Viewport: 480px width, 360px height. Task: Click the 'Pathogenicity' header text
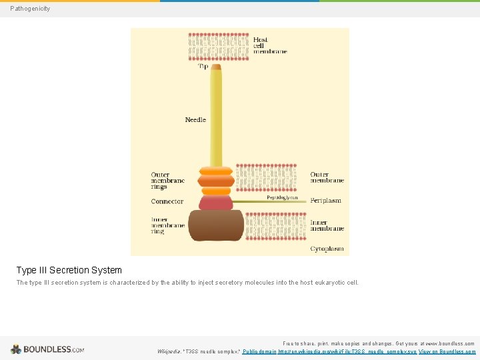[30, 9]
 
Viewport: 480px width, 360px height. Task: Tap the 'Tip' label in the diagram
[203, 67]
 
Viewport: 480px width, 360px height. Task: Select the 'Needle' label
[195, 120]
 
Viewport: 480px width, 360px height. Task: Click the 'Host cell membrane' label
[270, 45]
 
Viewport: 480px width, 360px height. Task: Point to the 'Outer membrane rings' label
[168, 181]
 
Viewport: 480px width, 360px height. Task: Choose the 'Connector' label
[167, 201]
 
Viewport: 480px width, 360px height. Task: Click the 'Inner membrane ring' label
[168, 225]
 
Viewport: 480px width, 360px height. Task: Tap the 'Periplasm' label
[325, 201]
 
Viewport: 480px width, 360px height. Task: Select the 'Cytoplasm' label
[327, 249]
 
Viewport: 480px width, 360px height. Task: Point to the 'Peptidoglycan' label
[282, 197]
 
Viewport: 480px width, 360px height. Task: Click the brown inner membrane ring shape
[216, 225]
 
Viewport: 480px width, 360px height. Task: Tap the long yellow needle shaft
[216, 120]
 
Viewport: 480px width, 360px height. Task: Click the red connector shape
[216, 202]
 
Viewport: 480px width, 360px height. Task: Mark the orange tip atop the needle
[216, 67]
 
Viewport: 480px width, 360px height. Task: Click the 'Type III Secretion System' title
[69, 270]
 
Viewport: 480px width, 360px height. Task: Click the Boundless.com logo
[47, 349]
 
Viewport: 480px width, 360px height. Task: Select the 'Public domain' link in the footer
[259, 351]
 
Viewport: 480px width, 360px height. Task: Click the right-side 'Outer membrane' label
[327, 177]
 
